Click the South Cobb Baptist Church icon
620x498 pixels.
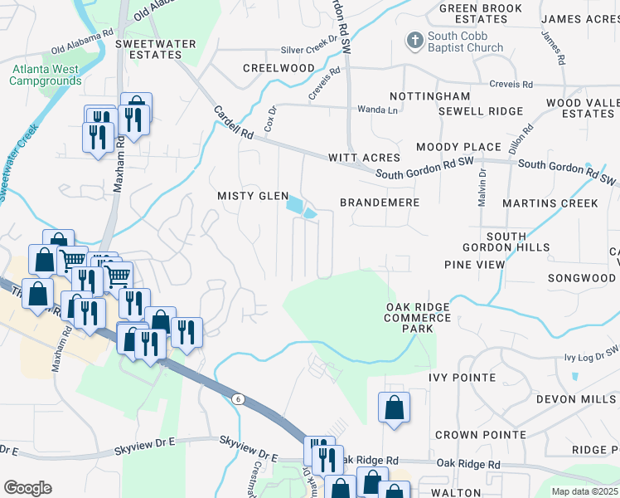point(414,40)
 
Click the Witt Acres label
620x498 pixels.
point(364,158)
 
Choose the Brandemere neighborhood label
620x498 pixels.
point(380,203)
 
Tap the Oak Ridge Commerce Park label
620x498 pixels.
point(418,318)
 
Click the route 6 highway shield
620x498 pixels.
point(239,399)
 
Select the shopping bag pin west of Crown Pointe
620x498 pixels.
point(394,408)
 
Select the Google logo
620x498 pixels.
point(27,488)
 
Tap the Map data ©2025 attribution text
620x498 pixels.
point(584,491)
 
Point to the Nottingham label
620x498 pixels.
point(429,97)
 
